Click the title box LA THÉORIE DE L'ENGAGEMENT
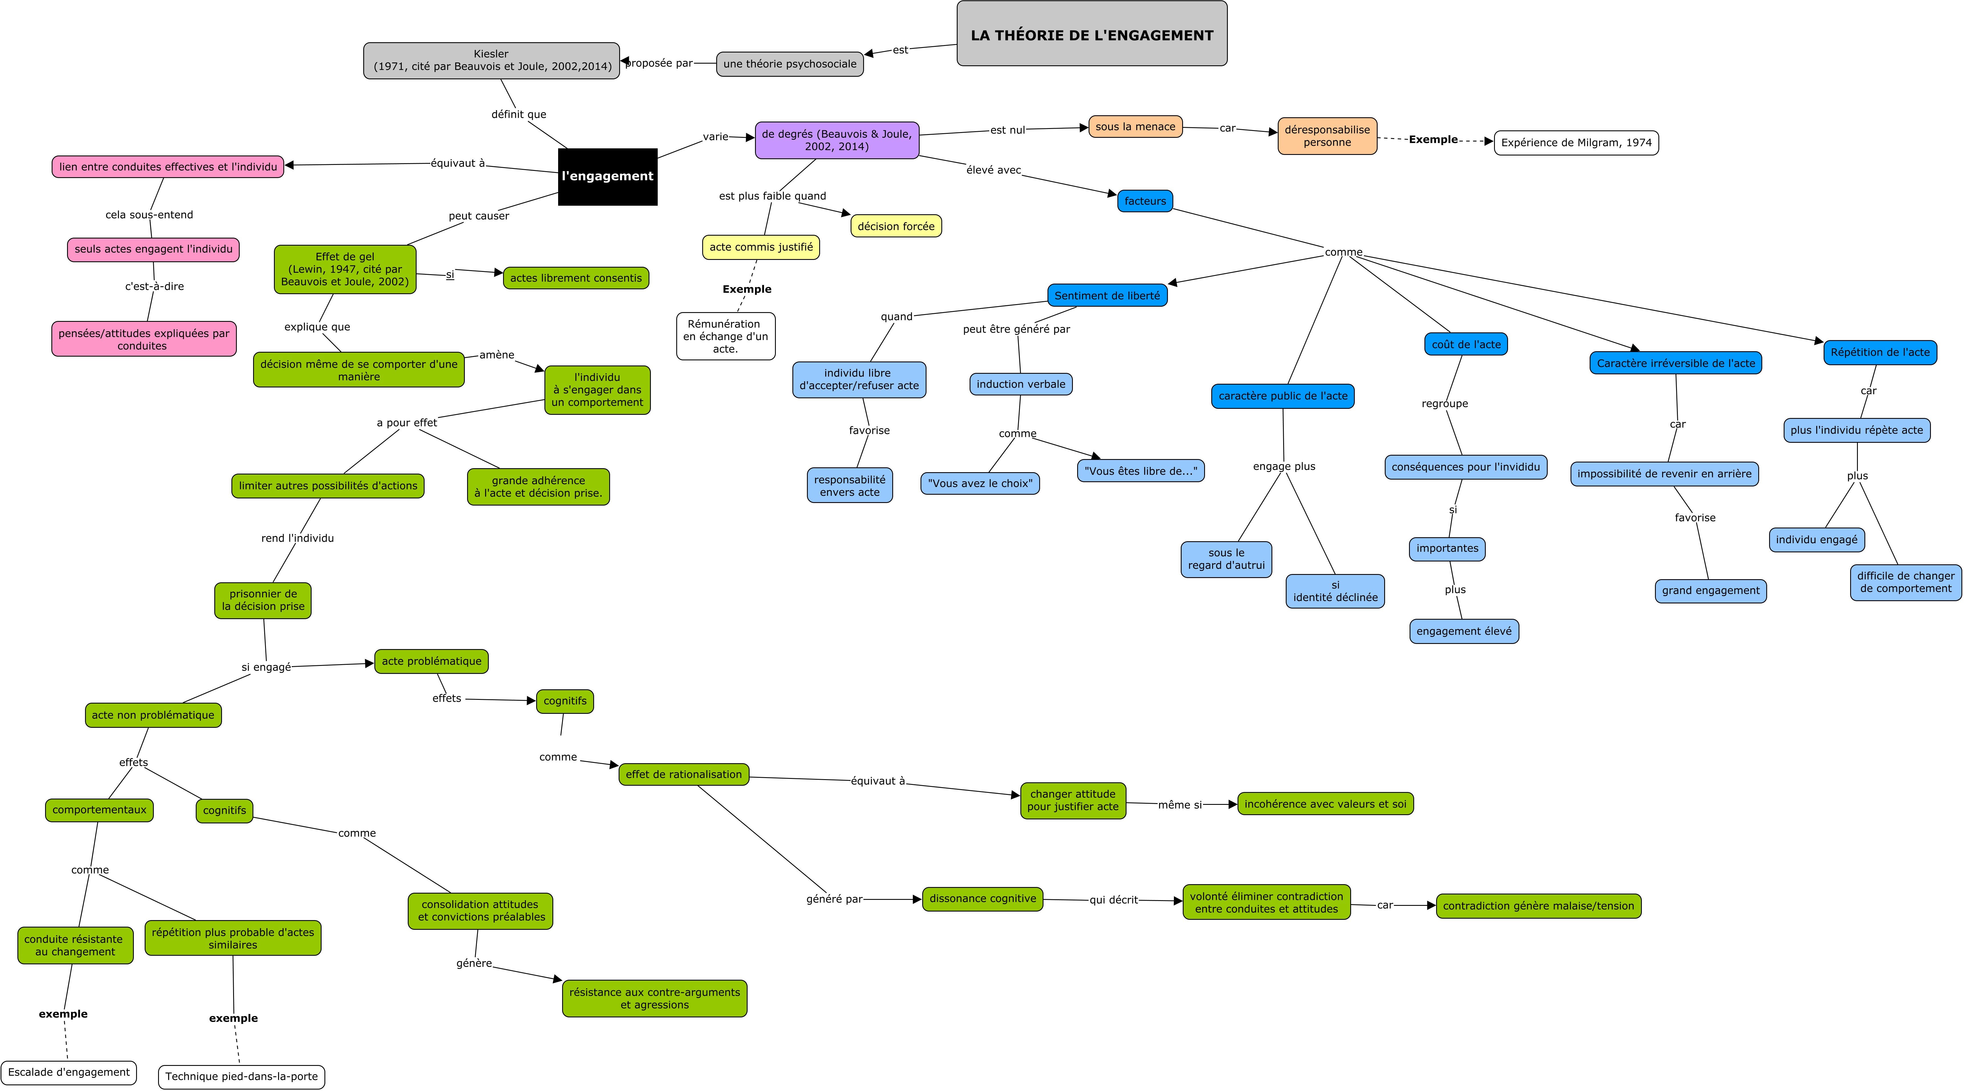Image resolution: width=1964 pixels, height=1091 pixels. tap(1092, 34)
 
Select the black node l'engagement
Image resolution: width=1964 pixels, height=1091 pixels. tap(608, 176)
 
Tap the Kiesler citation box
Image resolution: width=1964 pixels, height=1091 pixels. tap(492, 60)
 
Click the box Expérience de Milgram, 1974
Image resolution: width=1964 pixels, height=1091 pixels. tap(1576, 143)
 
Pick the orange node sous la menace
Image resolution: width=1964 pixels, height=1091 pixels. tap(1135, 127)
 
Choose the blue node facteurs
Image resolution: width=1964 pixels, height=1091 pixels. tap(1145, 201)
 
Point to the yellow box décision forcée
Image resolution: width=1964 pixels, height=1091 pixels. tap(896, 227)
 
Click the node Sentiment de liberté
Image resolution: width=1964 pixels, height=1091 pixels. tap(1107, 296)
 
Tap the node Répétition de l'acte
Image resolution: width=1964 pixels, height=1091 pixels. tap(1880, 352)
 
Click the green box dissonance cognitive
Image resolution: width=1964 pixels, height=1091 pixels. tap(983, 899)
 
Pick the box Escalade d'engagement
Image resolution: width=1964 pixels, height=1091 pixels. tap(68, 1073)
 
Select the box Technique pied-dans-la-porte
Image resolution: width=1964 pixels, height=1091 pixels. tap(242, 1076)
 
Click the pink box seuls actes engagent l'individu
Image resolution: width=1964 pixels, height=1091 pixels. tap(153, 249)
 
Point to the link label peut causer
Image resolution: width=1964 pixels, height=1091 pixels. tap(479, 216)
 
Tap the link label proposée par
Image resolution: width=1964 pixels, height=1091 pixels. tap(659, 63)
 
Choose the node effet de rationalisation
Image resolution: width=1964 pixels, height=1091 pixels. tap(684, 775)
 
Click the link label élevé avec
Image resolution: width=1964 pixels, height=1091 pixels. tap(994, 170)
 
